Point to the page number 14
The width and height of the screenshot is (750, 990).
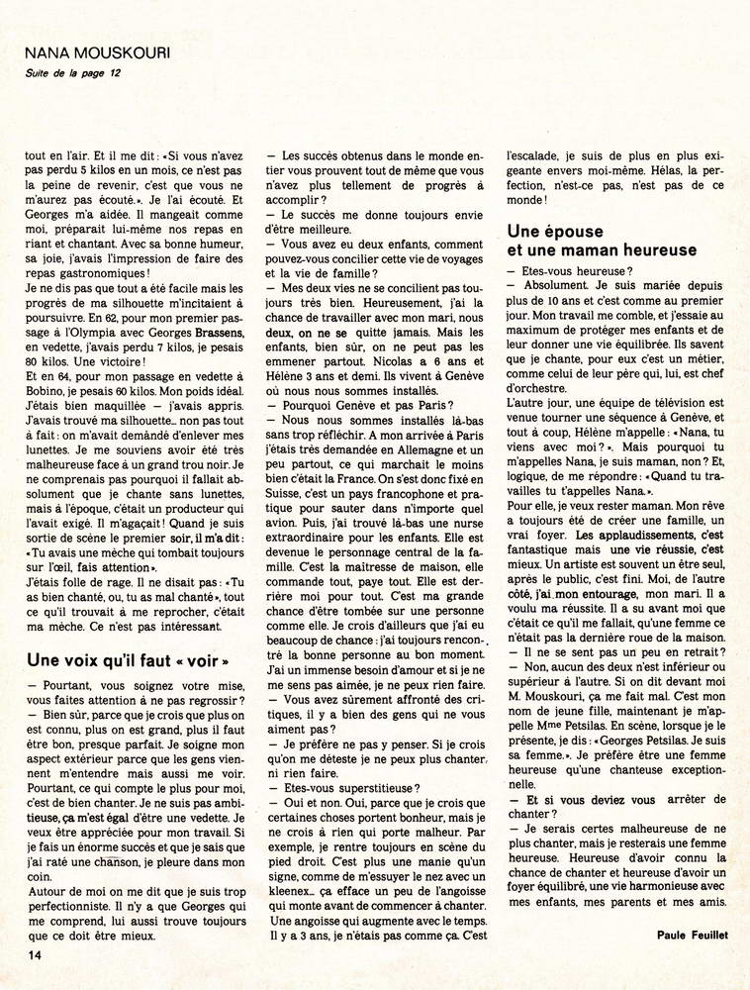click(33, 953)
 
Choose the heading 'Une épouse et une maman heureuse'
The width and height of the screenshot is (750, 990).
click(601, 239)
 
